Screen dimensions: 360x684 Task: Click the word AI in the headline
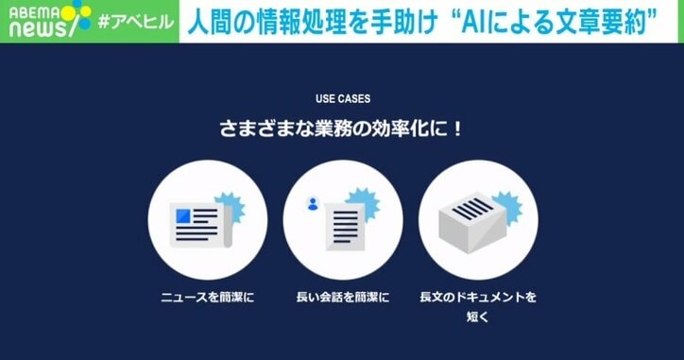475,21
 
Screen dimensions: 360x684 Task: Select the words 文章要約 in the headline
619,21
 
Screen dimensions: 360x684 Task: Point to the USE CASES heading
342,97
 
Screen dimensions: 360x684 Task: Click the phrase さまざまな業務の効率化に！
342,128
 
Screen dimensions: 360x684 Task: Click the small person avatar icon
312,202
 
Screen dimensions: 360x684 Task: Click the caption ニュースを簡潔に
208,297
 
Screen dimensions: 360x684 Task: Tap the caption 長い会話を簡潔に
343,297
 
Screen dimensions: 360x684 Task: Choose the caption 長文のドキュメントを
478,297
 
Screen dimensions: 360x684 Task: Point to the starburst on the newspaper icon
228,205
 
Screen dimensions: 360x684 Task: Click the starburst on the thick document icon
505,202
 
